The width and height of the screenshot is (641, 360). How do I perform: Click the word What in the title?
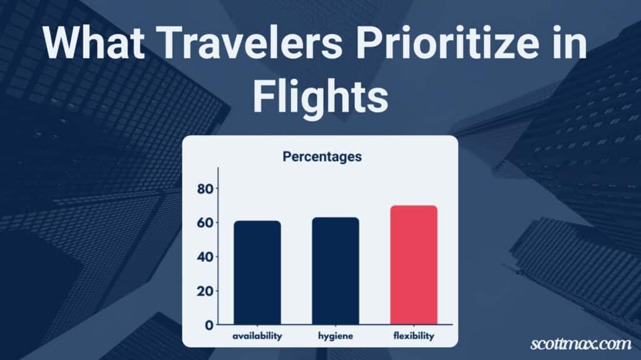click(94, 43)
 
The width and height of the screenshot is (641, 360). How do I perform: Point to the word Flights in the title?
click(320, 96)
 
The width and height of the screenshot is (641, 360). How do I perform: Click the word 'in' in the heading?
click(570, 43)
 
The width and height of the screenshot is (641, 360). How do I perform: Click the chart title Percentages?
click(322, 157)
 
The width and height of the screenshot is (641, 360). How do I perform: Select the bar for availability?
click(257, 272)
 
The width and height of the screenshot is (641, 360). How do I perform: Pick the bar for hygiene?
click(336, 271)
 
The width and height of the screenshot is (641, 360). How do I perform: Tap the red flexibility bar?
click(414, 265)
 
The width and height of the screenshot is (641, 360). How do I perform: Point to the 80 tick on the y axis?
click(205, 188)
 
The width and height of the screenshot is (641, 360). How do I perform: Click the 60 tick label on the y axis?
click(205, 223)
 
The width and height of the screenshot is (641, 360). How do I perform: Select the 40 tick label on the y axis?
click(205, 257)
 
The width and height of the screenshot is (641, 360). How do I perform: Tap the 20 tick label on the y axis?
click(205, 291)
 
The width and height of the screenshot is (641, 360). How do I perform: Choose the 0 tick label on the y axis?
click(209, 325)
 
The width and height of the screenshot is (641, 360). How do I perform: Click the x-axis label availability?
click(257, 336)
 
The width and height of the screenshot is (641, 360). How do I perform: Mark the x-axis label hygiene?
click(336, 336)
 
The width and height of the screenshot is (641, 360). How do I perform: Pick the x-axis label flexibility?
click(414, 336)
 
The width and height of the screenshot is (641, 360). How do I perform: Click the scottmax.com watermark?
click(581, 344)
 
